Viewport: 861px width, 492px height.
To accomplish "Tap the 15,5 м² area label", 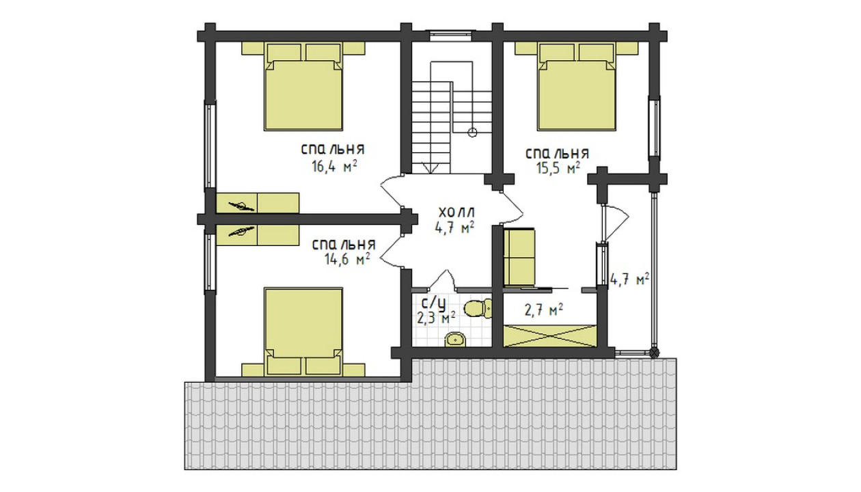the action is tap(558, 168).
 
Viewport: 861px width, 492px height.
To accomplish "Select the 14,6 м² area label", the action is tap(347, 259).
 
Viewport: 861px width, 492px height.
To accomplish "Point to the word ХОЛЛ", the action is tap(457, 212).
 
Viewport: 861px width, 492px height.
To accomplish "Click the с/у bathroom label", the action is tap(434, 303).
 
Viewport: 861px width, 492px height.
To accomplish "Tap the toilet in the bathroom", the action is tap(478, 308).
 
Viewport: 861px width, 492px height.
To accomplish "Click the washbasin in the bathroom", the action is tap(456, 340).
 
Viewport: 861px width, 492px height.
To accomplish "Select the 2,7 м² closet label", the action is tap(544, 310).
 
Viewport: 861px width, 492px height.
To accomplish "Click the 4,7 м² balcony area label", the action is tap(630, 279).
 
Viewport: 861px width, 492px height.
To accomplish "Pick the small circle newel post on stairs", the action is tap(472, 133).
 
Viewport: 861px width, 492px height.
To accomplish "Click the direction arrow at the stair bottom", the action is tap(430, 167).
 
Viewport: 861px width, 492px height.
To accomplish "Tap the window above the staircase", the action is tap(450, 36).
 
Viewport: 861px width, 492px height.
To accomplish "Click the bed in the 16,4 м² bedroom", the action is tap(303, 87).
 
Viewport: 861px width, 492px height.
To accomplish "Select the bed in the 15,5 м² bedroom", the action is tap(577, 87).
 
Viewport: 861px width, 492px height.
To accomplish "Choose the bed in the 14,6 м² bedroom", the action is tap(303, 331).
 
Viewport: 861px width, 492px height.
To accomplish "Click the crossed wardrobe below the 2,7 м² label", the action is tap(550, 336).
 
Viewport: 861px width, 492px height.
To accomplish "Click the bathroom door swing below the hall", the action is tap(442, 279).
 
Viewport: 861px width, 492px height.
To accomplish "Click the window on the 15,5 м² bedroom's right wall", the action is tap(655, 127).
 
